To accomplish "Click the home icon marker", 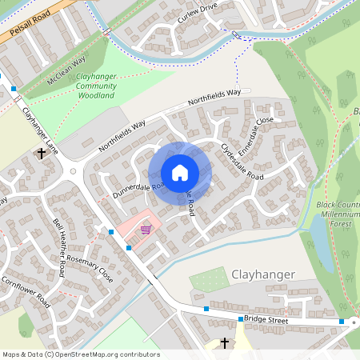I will click(179, 173).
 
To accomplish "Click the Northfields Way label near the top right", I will click(214, 98).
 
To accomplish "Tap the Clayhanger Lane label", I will click(40, 131).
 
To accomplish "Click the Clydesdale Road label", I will click(242, 161).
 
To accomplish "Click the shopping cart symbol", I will click(145, 230).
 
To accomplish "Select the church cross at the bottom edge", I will click(224, 342).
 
